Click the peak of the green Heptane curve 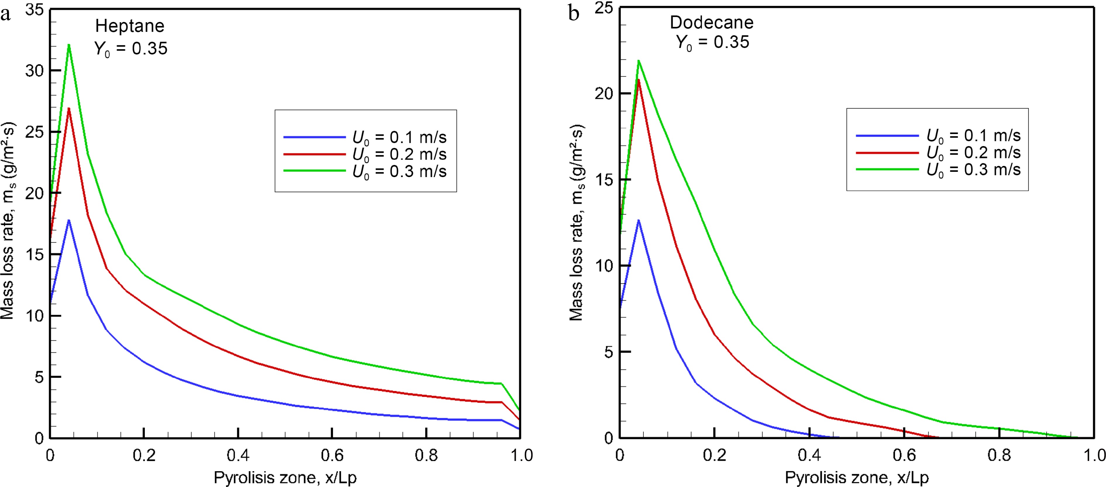click(69, 45)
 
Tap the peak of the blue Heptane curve click(69, 220)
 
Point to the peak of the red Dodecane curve click(638, 80)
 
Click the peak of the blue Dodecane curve click(638, 220)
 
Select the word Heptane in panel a click(130, 26)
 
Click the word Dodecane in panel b click(711, 22)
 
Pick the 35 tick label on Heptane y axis click(34, 9)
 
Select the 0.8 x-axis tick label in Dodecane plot click(999, 455)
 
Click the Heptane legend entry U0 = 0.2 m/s click(399, 155)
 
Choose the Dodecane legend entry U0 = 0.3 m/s click(973, 170)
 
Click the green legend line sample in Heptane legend click(315, 171)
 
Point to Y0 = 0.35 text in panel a click(130, 49)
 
